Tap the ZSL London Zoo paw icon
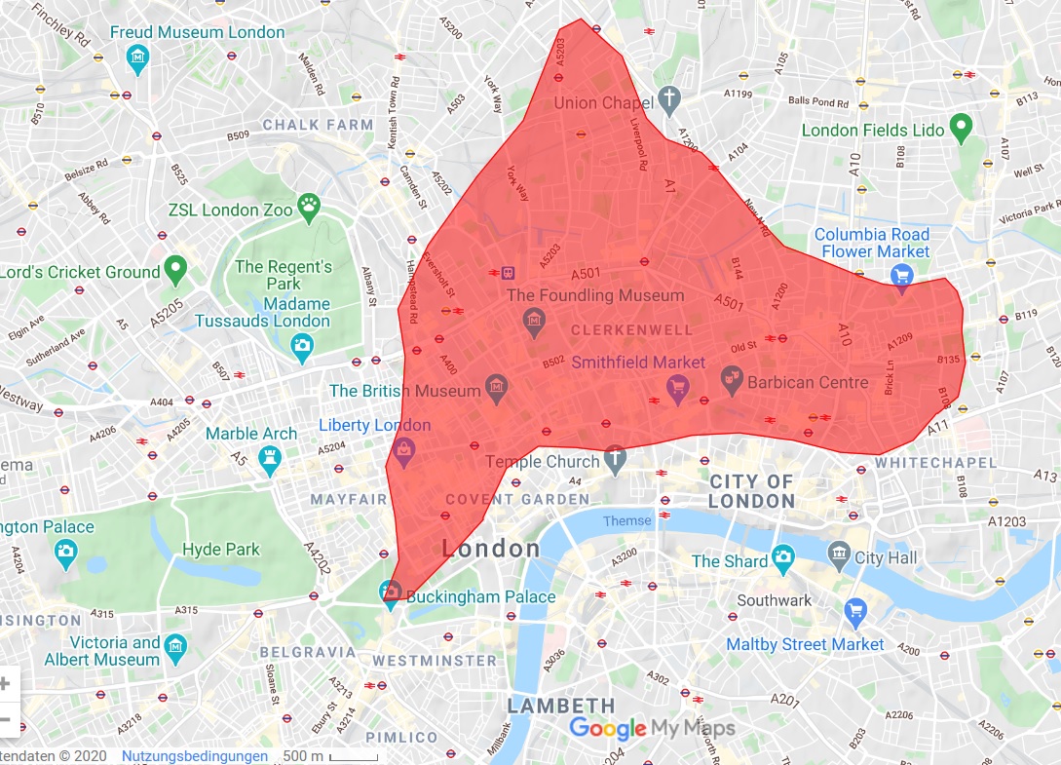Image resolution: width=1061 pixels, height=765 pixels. pos(309,205)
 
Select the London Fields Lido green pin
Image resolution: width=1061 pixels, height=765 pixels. pos(962,125)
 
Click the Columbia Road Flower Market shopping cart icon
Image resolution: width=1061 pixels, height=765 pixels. pos(902,276)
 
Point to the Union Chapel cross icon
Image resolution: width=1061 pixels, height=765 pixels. pos(668,97)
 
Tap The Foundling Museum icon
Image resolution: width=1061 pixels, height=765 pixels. pos(533,318)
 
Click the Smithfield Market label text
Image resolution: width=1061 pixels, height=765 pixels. pos(638,363)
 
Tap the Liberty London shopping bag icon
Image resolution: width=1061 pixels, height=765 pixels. pos(403,447)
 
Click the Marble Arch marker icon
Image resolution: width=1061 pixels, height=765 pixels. pos(270,458)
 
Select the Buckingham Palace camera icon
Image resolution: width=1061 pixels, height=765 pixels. pos(391,593)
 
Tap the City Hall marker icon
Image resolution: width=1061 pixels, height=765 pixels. pos(839,556)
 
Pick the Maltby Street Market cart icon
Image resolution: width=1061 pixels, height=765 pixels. pos(856,611)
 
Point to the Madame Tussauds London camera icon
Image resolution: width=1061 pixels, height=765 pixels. pos(303,344)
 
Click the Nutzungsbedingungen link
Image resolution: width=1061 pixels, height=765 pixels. pos(195,756)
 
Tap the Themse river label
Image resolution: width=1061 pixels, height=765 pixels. pos(626,520)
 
